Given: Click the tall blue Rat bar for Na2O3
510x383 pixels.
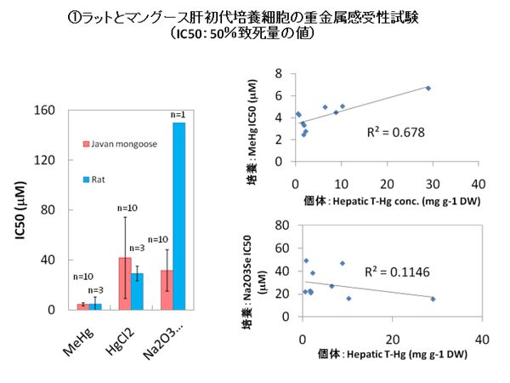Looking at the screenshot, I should pos(178,216).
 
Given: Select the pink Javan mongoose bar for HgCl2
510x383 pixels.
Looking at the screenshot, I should pos(125,283).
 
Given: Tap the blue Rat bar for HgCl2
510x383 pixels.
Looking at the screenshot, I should pos(137,291).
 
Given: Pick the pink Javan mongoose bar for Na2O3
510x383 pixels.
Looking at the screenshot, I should pos(166,289).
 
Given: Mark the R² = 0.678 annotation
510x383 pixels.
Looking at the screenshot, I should pos(395,132).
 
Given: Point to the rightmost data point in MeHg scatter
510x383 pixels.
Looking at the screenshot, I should pos(428,88).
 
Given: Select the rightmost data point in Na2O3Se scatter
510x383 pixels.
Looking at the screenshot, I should pos(433,299).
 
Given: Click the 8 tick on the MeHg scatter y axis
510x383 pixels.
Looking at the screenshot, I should pos(277,75).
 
